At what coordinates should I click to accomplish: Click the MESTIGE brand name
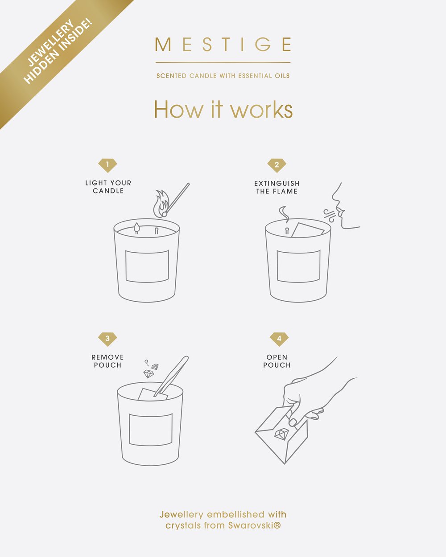point(223,44)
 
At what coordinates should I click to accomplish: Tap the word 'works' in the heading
point(261,110)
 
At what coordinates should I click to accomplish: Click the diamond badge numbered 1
point(107,165)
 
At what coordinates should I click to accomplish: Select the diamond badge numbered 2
point(277,165)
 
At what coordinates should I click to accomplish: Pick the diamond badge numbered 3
point(107,339)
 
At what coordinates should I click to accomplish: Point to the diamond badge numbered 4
point(279,339)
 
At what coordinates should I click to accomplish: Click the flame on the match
point(161,204)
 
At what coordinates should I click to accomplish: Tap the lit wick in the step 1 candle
point(137,228)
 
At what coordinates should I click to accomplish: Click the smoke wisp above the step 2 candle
point(284,214)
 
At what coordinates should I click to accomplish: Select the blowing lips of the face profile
point(339,211)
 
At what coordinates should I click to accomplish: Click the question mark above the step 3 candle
point(147,363)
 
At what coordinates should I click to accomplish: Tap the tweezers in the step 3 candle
point(171,376)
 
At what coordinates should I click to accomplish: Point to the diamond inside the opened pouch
point(281,434)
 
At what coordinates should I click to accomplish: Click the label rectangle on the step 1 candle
point(147,266)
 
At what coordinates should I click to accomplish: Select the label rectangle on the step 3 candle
point(151,430)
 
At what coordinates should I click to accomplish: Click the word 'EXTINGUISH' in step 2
point(277,184)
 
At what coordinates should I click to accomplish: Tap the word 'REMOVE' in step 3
point(107,357)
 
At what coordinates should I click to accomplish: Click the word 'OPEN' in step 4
point(277,357)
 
